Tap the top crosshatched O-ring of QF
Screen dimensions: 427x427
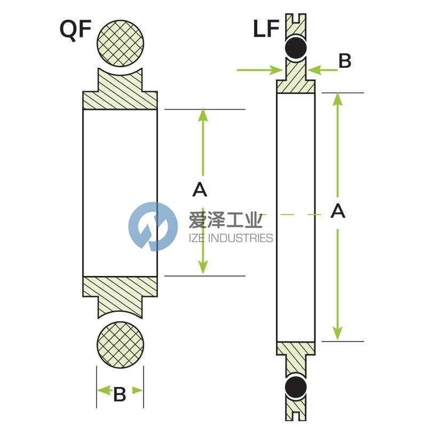point(120,42)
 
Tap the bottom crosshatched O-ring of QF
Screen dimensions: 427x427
point(120,344)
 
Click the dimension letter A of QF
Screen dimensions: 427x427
point(199,189)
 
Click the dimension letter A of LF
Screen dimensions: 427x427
point(338,211)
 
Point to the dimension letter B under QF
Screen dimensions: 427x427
point(120,394)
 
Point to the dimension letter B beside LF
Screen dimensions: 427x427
point(345,61)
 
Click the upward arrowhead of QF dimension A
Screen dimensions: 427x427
point(202,115)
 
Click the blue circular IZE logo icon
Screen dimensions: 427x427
point(153,226)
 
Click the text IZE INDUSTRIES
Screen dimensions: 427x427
point(231,238)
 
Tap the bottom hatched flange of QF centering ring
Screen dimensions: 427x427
point(120,291)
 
